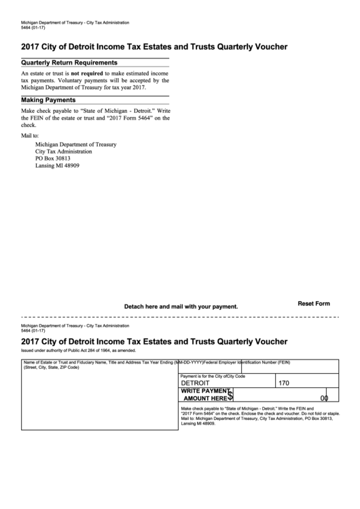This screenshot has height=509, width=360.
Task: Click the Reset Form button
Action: (x=314, y=304)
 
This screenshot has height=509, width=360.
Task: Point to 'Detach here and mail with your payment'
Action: (x=181, y=306)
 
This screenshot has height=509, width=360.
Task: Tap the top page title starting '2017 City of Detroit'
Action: (x=154, y=47)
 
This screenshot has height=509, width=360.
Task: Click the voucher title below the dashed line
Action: (x=154, y=341)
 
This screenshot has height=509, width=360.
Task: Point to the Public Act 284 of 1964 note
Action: (x=78, y=351)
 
